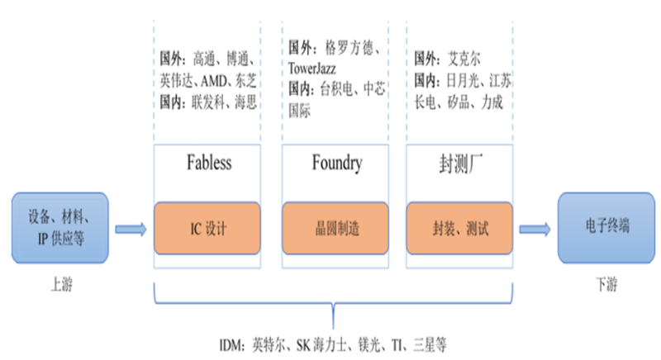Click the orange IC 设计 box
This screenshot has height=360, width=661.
click(x=207, y=228)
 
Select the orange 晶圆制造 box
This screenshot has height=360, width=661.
click(x=335, y=228)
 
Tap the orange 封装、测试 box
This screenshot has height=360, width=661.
click(x=459, y=228)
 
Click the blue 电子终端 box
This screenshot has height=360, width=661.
click(x=606, y=228)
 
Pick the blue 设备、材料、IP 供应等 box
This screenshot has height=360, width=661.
click(x=59, y=228)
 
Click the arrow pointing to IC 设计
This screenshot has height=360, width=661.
click(x=131, y=230)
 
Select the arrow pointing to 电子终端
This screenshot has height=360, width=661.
click(x=535, y=230)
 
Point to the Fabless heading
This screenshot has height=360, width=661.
click(x=209, y=163)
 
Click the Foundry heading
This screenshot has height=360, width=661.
click(x=337, y=163)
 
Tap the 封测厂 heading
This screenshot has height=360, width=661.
click(x=461, y=163)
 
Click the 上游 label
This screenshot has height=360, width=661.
click(x=61, y=285)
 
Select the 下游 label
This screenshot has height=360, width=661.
click(x=606, y=285)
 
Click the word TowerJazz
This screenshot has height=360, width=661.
click(x=312, y=69)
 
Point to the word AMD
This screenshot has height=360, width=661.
click(x=214, y=80)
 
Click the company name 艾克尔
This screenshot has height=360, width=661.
click(x=464, y=59)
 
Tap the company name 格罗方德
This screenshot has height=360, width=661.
click(x=349, y=48)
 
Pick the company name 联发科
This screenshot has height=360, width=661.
click(x=208, y=102)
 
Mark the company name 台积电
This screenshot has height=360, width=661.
click(x=336, y=89)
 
